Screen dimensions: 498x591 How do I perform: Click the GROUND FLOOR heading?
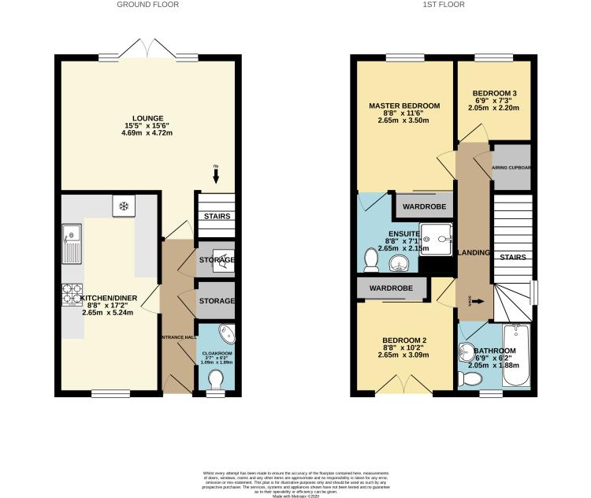click(x=147, y=5)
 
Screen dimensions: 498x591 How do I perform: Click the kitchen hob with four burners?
click(x=70, y=293)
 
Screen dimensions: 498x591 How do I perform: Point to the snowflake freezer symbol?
click(x=123, y=206)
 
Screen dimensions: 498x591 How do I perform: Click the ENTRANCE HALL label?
click(x=177, y=337)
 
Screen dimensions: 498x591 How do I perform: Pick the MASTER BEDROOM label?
click(x=404, y=106)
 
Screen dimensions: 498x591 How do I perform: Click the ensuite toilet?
click(x=370, y=259)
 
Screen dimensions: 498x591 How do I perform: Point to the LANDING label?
click(x=474, y=253)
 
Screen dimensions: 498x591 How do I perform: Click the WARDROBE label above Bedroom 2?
click(x=391, y=288)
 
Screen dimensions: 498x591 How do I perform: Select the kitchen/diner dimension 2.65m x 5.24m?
click(x=110, y=311)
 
